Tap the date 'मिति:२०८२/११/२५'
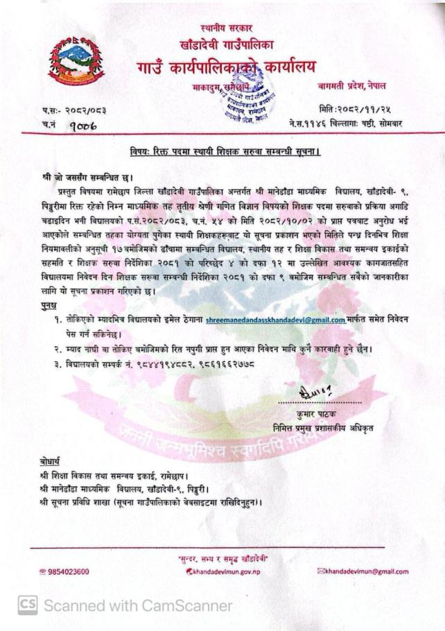click(x=352, y=110)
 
